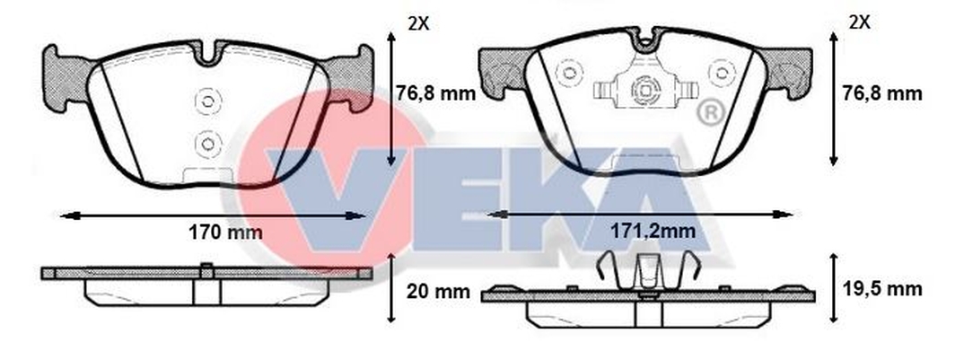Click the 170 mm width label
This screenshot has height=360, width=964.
(x=224, y=233)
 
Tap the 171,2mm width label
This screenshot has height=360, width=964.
(x=653, y=232)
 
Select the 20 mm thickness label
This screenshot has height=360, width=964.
(x=438, y=292)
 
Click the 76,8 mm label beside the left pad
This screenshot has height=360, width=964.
(x=436, y=93)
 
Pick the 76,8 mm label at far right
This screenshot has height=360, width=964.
(x=881, y=93)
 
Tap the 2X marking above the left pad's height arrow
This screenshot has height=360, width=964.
(x=418, y=23)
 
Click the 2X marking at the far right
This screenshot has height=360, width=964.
(x=859, y=22)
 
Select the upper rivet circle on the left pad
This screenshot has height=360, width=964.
(x=206, y=101)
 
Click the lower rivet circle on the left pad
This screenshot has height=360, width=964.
(x=206, y=144)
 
